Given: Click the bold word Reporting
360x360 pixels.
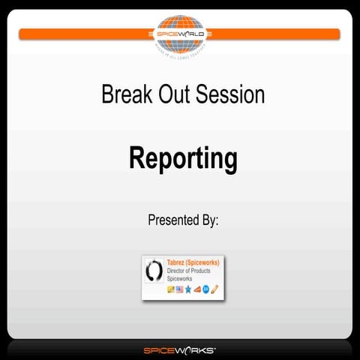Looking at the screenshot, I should tap(183, 159).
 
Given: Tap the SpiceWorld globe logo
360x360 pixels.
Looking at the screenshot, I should tap(180, 33).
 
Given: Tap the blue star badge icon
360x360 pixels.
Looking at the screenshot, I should tap(188, 289).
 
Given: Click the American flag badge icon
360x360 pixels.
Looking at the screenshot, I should tap(179, 289).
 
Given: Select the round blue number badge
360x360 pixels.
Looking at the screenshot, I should tap(205, 289).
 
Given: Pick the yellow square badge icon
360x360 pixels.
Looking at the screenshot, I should tap(170, 289).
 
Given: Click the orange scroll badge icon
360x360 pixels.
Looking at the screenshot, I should tap(214, 289).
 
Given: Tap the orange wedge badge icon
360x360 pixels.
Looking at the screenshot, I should tap(197, 289).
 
